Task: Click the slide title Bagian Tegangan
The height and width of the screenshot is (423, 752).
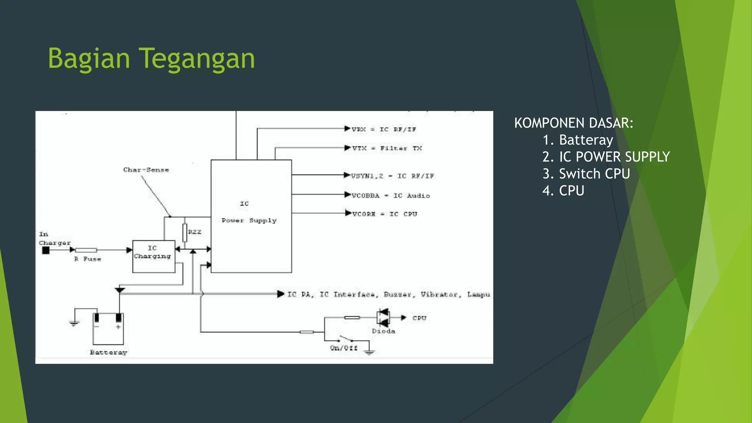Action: pyautogui.click(x=151, y=59)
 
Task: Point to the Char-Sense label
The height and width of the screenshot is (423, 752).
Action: pyautogui.click(x=146, y=170)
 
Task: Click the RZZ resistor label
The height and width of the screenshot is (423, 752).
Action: pyautogui.click(x=195, y=232)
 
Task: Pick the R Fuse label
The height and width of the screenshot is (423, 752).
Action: pyautogui.click(x=88, y=259)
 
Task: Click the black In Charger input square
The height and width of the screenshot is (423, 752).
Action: pyautogui.click(x=46, y=250)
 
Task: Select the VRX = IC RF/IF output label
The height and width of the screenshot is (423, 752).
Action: pyautogui.click(x=384, y=130)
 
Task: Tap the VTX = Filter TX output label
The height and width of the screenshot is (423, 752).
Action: pyautogui.click(x=387, y=148)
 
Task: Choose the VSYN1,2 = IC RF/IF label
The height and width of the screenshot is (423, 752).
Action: pyautogui.click(x=393, y=176)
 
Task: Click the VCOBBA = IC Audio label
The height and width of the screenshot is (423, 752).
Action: pyautogui.click(x=391, y=196)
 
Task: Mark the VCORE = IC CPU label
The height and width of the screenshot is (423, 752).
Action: pyautogui.click(x=384, y=214)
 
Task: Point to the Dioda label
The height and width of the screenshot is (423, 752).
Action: pyautogui.click(x=383, y=331)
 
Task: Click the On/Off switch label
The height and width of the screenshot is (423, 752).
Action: pyautogui.click(x=344, y=348)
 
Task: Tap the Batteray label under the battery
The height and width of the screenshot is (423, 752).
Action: pyautogui.click(x=108, y=352)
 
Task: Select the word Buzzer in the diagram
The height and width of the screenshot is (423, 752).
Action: pyautogui.click(x=397, y=294)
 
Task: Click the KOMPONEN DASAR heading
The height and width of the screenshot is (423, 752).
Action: pyautogui.click(x=574, y=123)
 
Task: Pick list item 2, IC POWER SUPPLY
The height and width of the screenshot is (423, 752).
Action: pyautogui.click(x=606, y=157)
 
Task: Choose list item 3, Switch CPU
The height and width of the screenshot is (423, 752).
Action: pyautogui.click(x=586, y=174)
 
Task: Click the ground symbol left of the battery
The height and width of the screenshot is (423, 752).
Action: pyautogui.click(x=74, y=323)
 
